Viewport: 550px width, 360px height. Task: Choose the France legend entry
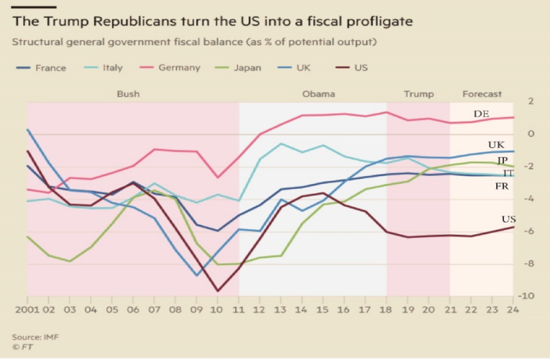point(42,68)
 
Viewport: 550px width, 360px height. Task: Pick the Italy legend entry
point(105,68)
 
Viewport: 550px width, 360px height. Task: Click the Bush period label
point(128,94)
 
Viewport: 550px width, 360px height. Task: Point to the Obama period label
point(318,94)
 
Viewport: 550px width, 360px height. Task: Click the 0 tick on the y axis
point(530,134)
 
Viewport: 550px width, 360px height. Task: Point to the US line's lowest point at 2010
point(218,291)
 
